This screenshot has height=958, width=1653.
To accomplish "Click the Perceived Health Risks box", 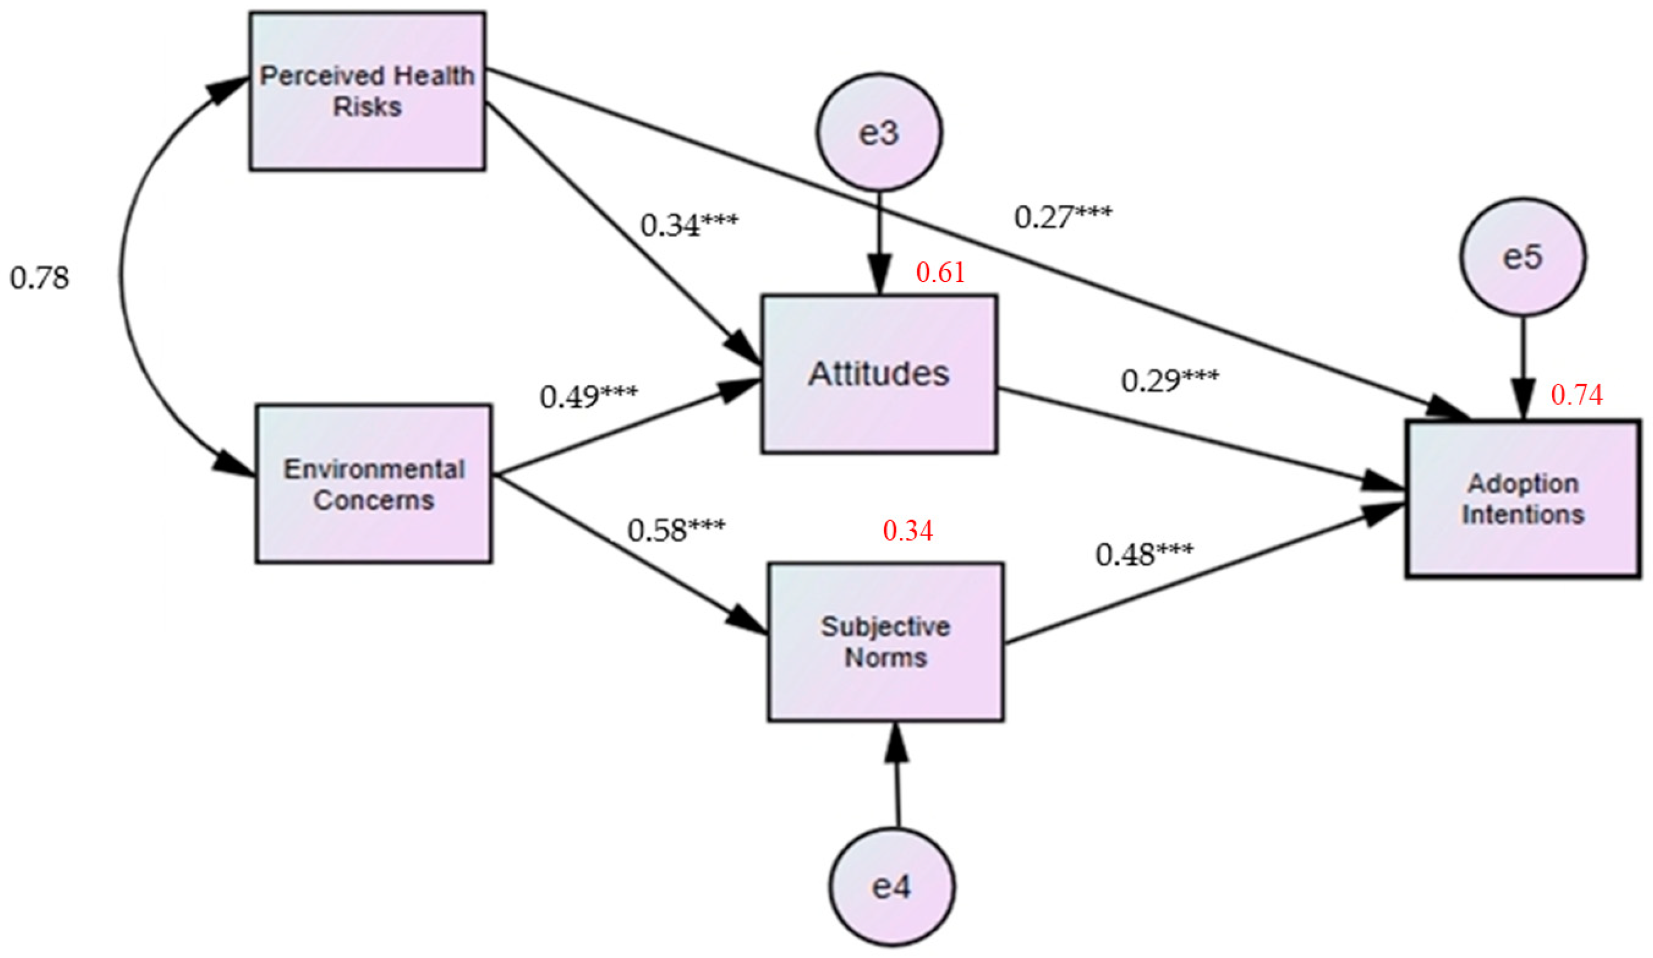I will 368,91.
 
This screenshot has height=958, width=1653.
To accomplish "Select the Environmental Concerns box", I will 374,483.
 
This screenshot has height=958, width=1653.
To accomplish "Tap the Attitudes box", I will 879,374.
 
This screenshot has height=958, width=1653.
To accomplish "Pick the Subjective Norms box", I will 886,641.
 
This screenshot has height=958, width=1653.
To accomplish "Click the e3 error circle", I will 879,132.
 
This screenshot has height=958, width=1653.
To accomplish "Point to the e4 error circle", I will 891,887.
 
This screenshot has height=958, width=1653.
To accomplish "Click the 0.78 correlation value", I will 39,278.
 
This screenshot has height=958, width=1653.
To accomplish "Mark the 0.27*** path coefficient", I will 1063,217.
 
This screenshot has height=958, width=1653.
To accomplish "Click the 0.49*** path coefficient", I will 588,396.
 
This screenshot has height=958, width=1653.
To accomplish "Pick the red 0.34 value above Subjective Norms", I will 908,531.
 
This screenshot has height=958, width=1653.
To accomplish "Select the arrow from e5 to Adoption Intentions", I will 1523,368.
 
